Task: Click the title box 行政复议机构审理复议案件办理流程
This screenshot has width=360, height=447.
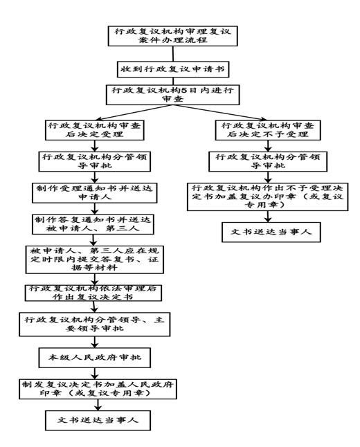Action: (172, 36)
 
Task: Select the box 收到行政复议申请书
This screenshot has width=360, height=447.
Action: (173, 69)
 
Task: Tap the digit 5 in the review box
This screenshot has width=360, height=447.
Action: (184, 91)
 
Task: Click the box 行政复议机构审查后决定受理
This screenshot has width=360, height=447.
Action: (94, 130)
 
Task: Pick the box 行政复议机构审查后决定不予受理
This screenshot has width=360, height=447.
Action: (268, 130)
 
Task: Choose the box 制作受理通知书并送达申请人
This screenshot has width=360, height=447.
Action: (94, 193)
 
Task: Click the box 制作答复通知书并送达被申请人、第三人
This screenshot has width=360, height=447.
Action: (93, 224)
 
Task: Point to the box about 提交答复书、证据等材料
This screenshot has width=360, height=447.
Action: (94, 259)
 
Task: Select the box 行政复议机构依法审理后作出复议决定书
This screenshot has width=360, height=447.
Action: (93, 293)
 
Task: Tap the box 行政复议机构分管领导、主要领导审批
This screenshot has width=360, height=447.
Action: (94, 325)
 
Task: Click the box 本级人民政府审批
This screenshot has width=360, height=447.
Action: (94, 358)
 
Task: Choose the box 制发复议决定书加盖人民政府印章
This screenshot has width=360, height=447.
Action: (98, 389)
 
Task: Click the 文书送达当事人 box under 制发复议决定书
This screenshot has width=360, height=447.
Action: (98, 420)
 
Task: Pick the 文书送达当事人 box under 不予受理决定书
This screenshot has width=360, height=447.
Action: (271, 232)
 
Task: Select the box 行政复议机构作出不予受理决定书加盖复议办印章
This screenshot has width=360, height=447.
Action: (267, 197)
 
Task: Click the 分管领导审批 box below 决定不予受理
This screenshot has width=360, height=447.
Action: (268, 161)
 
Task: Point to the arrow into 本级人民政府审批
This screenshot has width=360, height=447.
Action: (94, 342)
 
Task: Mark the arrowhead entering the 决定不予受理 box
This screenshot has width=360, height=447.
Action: (263, 119)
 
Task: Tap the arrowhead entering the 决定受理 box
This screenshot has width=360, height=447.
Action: (98, 119)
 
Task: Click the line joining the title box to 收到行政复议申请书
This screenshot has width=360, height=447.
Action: (173, 53)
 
